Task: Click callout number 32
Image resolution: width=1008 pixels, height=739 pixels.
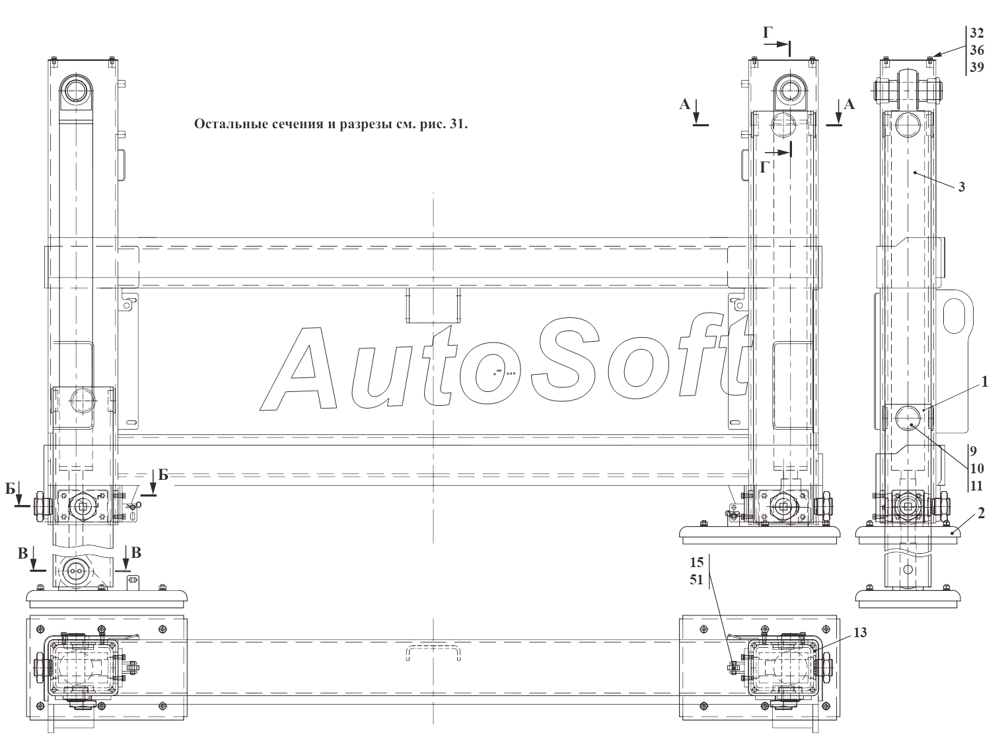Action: click(976, 33)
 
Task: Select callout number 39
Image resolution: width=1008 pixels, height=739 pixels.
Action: click(976, 67)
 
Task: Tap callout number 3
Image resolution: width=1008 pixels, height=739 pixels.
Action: click(962, 187)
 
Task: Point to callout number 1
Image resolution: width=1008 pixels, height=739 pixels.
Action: click(985, 382)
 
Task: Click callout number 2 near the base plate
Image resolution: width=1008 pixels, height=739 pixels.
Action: click(981, 512)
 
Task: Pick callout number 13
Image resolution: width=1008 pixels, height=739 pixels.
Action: click(860, 633)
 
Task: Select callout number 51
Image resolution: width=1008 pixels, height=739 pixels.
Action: click(696, 580)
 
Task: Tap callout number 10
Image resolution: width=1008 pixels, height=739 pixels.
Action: click(976, 469)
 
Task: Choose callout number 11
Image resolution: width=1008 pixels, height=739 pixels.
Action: click(976, 486)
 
